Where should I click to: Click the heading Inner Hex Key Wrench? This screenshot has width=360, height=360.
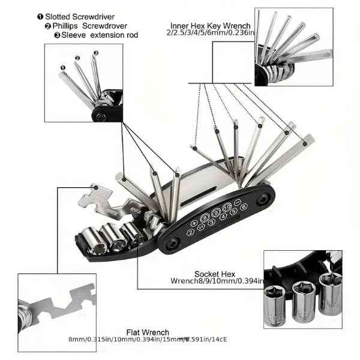(x=208, y=26)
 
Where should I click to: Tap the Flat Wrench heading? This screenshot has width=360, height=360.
(x=148, y=332)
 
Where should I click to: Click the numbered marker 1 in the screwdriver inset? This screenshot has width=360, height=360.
(x=62, y=67)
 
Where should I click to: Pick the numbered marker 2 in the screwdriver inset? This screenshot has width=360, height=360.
(x=77, y=58)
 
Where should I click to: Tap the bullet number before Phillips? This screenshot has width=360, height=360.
(x=48, y=26)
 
